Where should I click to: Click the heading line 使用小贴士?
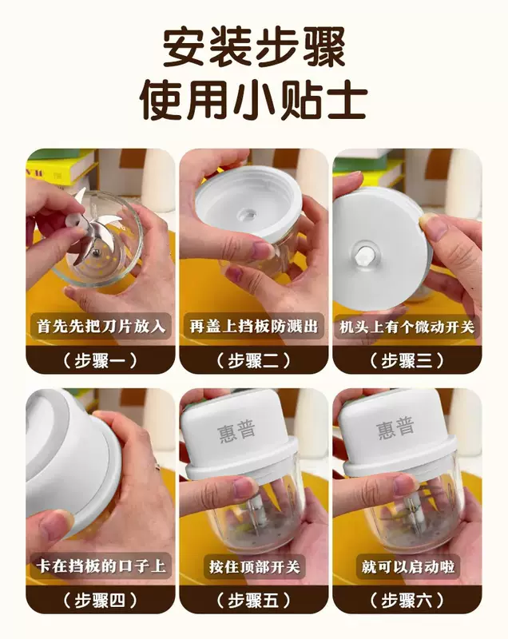[x=253, y=100]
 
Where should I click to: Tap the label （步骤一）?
[x=100, y=360]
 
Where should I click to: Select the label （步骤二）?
[x=253, y=360]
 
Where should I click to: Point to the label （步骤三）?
[x=407, y=360]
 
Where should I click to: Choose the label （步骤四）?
[x=100, y=601]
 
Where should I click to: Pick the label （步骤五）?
[x=253, y=601]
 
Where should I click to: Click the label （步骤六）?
[x=407, y=601]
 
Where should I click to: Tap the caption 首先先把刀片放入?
[x=101, y=326]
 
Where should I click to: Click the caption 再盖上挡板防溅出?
[x=253, y=326]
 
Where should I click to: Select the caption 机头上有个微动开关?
[x=407, y=327]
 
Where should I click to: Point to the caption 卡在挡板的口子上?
[x=101, y=566]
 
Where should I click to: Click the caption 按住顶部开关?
[x=254, y=566]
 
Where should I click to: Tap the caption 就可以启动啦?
[x=407, y=566]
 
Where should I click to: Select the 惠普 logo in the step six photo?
[x=395, y=428]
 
